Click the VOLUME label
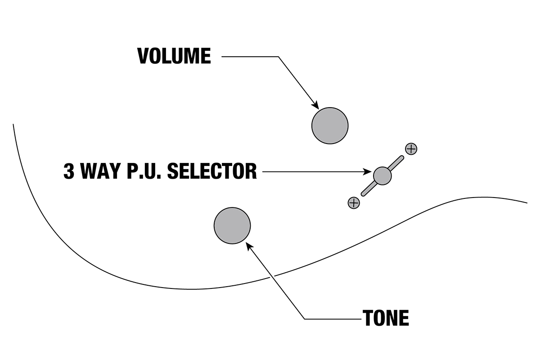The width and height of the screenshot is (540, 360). pyautogui.click(x=174, y=56)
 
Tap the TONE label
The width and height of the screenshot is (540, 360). pyautogui.click(x=386, y=319)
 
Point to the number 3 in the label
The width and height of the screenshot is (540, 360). pyautogui.click(x=69, y=172)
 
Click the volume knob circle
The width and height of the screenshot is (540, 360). pyautogui.click(x=330, y=126)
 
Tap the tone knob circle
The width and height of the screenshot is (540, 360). pyautogui.click(x=232, y=225)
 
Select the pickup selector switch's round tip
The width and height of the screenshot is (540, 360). pyautogui.click(x=382, y=175)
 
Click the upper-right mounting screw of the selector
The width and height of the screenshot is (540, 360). pyautogui.click(x=411, y=148)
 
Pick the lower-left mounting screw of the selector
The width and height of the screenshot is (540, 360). pyautogui.click(x=354, y=202)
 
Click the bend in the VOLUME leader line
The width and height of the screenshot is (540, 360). pyautogui.click(x=279, y=57)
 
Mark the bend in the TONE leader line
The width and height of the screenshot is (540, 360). pyautogui.click(x=305, y=319)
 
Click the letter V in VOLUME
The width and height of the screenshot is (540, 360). pyautogui.click(x=144, y=56)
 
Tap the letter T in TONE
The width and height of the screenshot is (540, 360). pyautogui.click(x=369, y=319)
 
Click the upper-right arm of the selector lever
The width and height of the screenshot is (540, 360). pyautogui.click(x=396, y=162)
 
